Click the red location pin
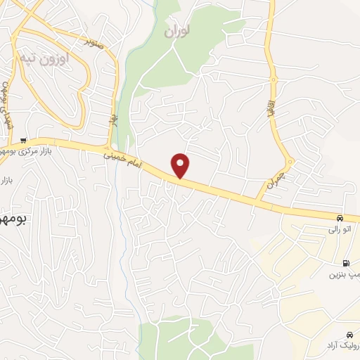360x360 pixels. pyautogui.click(x=181, y=165)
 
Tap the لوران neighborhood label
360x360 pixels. pyautogui.click(x=177, y=31)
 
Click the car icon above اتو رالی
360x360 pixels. pyautogui.click(x=340, y=218)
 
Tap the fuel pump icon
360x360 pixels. pyautogui.click(x=345, y=263)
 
